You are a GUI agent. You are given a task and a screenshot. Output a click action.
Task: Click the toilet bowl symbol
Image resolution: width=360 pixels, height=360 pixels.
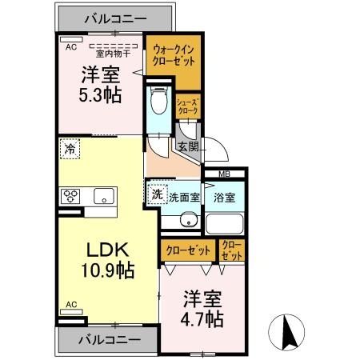click(159, 100)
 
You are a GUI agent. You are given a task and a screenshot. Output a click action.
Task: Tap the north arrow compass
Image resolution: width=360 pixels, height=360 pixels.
click(286, 332)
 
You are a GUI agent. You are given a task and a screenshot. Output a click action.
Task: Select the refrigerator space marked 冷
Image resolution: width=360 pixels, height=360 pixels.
click(70, 149)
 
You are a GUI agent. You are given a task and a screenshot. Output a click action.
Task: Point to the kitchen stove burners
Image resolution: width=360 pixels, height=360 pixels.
click(70, 196)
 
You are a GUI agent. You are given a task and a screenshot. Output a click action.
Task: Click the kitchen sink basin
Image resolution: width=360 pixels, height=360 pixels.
click(104, 196)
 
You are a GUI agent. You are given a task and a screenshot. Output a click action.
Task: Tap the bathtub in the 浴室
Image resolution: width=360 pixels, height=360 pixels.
click(225, 223)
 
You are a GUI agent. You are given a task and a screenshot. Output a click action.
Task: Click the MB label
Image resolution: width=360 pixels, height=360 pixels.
click(225, 174)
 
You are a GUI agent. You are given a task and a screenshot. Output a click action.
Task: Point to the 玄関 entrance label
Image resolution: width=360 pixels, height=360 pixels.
click(189, 146)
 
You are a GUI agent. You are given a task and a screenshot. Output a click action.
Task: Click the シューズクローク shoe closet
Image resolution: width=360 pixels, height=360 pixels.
click(188, 106)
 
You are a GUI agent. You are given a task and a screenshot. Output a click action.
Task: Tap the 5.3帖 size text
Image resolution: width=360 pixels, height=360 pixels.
click(100, 95)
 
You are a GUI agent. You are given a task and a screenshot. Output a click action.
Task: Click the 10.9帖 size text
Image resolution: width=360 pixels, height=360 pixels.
click(108, 270)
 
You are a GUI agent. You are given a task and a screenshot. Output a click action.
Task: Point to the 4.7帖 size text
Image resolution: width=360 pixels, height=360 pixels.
click(202, 319)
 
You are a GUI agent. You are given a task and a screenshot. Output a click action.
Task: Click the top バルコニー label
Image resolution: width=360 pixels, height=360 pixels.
click(116, 19)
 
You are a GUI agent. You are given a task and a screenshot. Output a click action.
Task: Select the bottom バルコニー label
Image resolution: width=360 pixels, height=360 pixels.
click(110, 340)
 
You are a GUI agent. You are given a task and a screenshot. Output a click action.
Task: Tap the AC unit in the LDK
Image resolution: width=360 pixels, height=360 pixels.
click(71, 311)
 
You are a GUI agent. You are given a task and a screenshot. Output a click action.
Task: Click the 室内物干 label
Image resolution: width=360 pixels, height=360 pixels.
click(113, 54)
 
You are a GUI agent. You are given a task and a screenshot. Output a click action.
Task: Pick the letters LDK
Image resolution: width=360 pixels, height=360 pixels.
click(108, 250)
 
